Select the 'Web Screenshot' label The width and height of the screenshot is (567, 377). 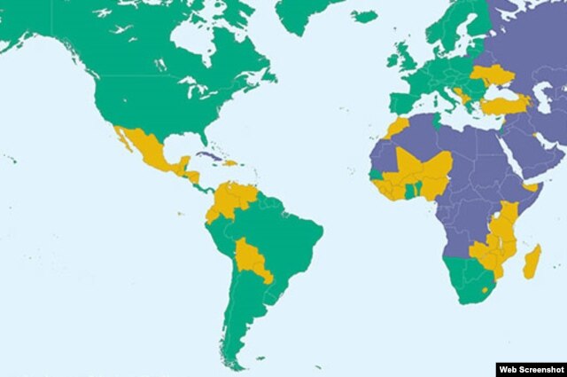tap(531, 368)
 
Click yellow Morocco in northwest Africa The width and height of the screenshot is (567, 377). tap(397, 127)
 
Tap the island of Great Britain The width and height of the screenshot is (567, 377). tap(399, 59)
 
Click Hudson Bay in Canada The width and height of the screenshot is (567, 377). tap(191, 39)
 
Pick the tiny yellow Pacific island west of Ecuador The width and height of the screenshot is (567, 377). tap(180, 213)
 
